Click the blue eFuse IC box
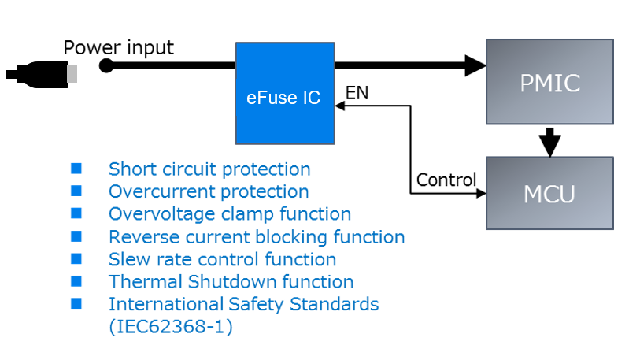285,93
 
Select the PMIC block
549,81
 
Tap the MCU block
549,193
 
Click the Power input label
118,48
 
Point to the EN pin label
357,94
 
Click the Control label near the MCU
446,180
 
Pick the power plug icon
43,75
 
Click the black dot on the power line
106,65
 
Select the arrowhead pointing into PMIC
475,65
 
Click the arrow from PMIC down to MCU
550,142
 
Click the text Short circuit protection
209,169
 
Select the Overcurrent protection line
209,191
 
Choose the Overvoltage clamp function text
230,213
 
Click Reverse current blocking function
257,236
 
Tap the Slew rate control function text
222,259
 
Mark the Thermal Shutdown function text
231,281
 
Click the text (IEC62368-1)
171,327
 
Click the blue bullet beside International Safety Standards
76,303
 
